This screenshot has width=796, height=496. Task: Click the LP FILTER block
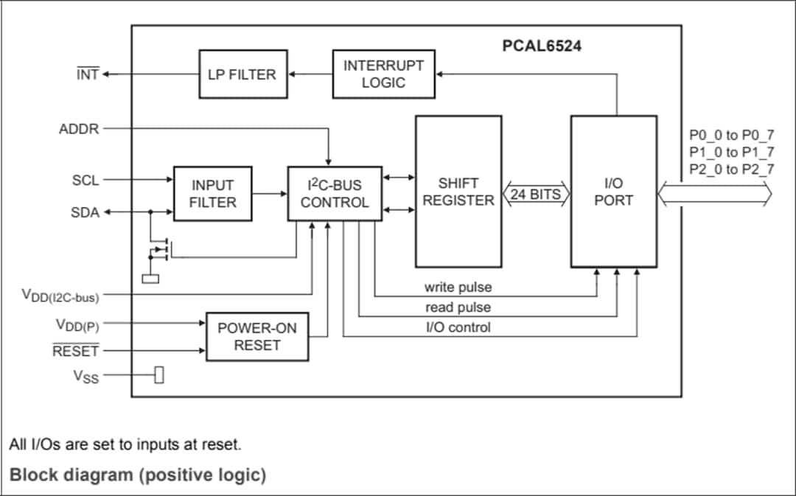(242, 74)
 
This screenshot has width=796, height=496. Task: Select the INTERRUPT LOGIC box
(383, 74)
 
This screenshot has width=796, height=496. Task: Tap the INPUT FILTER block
(212, 194)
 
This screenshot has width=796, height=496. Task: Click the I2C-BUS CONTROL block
(335, 194)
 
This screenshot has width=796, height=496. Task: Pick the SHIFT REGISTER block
(458, 192)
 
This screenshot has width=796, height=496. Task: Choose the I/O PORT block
(613, 192)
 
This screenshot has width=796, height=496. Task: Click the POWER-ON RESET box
(257, 337)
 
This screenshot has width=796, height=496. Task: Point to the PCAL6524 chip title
(542, 46)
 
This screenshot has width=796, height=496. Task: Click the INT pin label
(88, 74)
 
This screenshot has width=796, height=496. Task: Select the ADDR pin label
(79, 129)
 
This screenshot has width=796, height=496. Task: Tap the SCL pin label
(85, 179)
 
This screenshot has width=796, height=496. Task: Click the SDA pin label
(85, 212)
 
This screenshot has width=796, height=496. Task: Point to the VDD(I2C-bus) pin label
(60, 296)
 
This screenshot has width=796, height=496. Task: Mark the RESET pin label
(75, 351)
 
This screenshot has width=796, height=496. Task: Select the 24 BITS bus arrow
(535, 195)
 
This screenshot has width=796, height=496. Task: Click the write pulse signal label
(458, 287)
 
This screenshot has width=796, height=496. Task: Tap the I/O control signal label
(458, 327)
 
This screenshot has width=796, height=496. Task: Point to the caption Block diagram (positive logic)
(138, 475)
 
